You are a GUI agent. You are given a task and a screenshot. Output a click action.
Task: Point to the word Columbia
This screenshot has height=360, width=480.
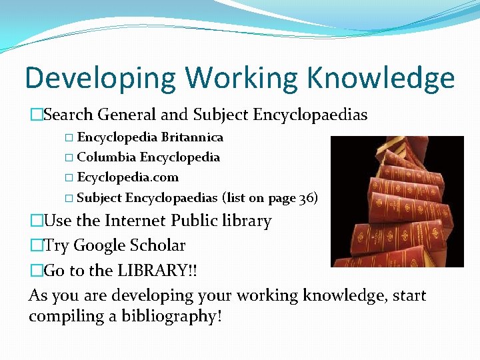pos(107,157)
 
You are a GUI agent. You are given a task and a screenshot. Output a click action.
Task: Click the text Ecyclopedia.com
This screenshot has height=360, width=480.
pos(128,177)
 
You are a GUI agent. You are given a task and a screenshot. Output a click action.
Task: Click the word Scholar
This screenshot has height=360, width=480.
pos(159,245)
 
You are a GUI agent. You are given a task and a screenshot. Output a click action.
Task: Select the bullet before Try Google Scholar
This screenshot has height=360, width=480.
pos(36,246)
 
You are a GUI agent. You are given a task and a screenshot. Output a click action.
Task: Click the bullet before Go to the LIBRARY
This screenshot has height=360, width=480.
pos(36,271)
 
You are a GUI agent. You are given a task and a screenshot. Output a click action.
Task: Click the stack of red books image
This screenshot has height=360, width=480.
pos(397,201)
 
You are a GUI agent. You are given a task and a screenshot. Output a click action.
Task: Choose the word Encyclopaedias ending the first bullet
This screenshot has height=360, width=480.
pos(310,115)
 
